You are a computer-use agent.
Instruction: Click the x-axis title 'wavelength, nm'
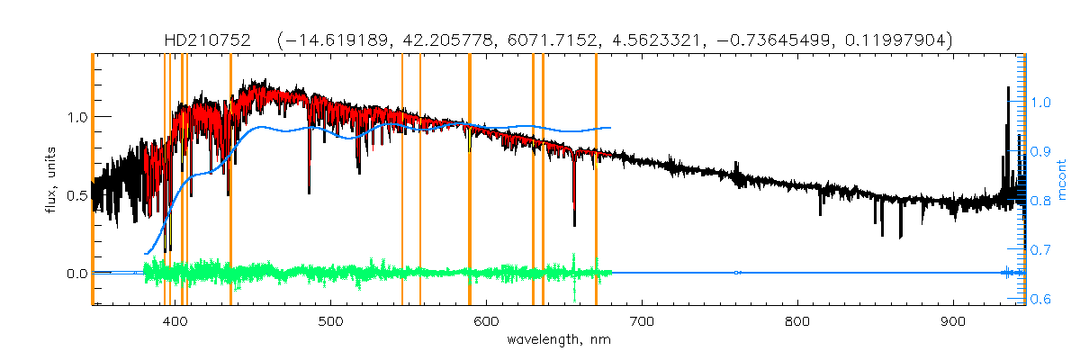558,340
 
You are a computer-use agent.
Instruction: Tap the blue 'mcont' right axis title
1062,180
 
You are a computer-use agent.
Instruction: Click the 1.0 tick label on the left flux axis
76,117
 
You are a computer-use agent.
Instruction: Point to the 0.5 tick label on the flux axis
76,195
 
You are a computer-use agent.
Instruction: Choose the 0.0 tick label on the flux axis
76,274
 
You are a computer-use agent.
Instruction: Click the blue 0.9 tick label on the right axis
1042,152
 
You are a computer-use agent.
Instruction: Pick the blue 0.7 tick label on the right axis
1042,250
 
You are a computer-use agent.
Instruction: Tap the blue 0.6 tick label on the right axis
1042,300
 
